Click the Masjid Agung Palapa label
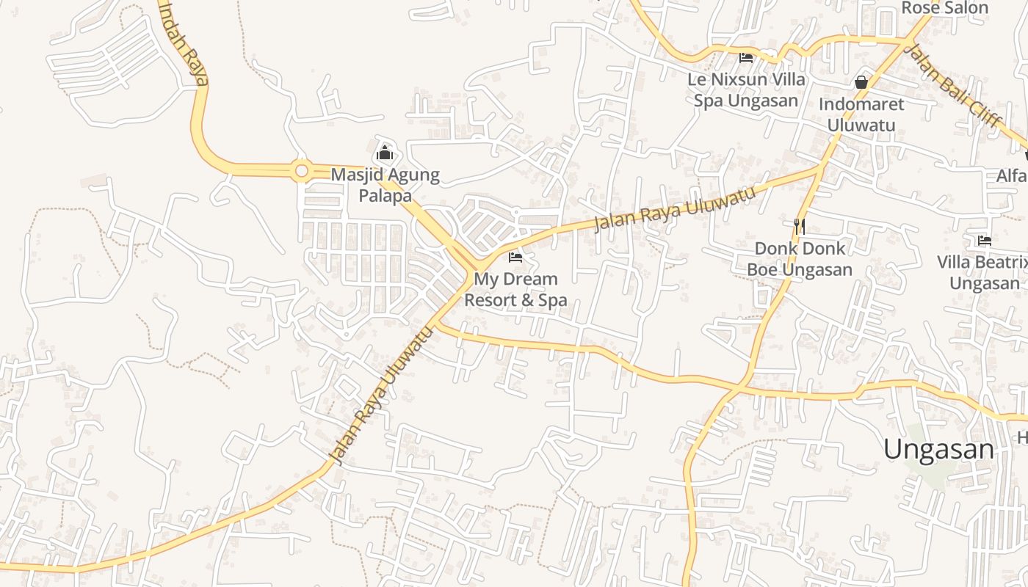pos(385,186)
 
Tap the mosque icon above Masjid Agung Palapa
pos(385,154)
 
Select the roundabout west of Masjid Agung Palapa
pos(301,171)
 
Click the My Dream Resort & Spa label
pos(515,289)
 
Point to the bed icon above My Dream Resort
pos(515,258)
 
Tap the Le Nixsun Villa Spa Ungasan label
pos(746,90)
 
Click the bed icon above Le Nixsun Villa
pos(746,57)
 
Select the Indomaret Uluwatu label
pos(861,114)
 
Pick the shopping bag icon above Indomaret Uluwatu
pos(861,82)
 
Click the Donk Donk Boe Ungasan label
pos(800,259)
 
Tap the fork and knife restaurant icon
pos(800,227)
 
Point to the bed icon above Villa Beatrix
pos(984,240)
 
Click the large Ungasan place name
pos(938,449)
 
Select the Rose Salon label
pos(944,8)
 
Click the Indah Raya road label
pos(184,44)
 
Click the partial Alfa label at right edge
pos(1012,176)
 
